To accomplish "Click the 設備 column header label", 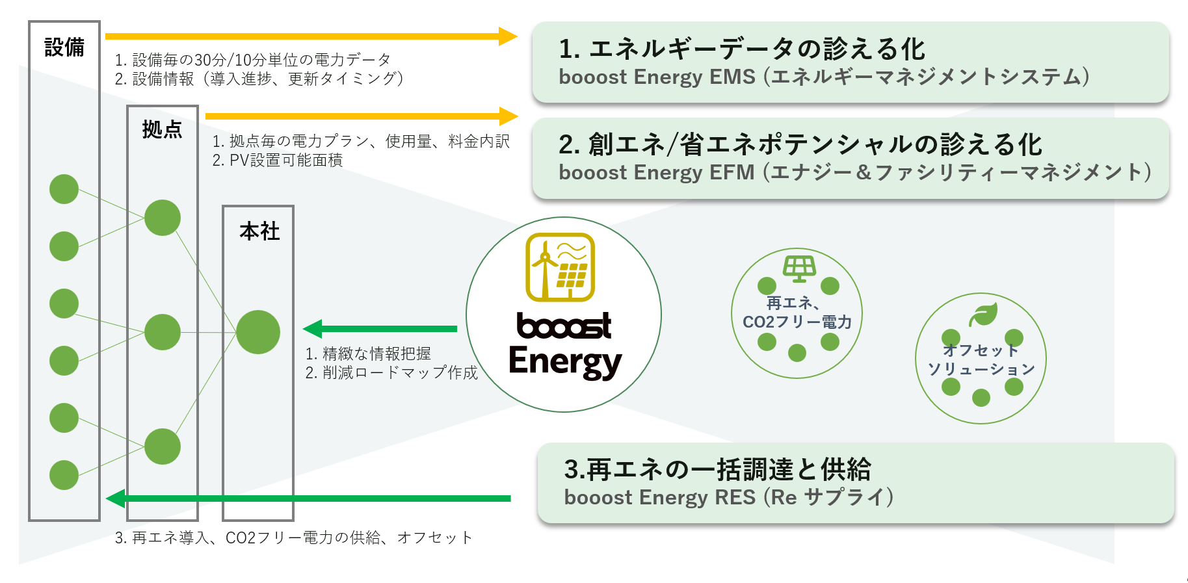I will coord(64,47).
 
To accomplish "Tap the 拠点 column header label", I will coord(162,129).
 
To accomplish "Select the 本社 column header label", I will coord(259,231).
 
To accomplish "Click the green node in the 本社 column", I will coord(258,332).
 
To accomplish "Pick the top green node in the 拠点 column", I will coord(163,218).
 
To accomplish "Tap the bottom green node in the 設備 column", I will coord(64,475).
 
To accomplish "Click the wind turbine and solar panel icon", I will coord(560,267).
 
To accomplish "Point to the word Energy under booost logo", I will coord(565,362).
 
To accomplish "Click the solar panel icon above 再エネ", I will coord(799,267).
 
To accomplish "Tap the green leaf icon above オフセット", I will coord(983,315).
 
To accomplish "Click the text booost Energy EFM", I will coord(657,172).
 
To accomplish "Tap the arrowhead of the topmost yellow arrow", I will coord(508,36).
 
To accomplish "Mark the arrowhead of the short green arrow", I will coord(313,329).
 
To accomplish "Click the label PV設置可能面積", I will coord(278,160).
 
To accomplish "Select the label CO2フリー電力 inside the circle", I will coord(797,322).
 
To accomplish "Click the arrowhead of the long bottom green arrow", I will coord(115,499).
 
